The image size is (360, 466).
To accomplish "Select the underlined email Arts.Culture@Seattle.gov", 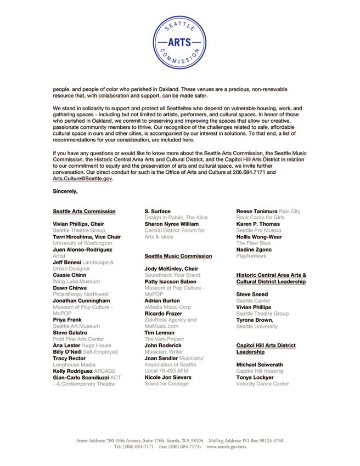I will [82, 179].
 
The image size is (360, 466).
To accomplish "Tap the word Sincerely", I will [65, 191].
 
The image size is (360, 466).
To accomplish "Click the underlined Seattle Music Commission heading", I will [178, 256].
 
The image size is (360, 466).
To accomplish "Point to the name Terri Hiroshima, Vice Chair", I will [87, 237].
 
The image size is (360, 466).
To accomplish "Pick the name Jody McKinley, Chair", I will [171, 269].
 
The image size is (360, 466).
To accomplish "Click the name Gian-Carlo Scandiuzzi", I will [81, 378].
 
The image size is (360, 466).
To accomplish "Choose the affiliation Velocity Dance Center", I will [262, 384].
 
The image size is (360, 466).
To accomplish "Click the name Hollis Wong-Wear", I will [259, 237].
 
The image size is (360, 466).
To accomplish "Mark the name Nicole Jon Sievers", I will [168, 378].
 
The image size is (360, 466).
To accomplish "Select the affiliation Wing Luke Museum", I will [76, 282].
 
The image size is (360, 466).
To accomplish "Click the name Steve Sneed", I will [252, 294].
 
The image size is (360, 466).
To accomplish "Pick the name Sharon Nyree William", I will [172, 224].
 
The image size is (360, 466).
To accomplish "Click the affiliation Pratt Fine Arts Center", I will [78, 339].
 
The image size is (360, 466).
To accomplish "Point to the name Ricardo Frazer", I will [164, 314].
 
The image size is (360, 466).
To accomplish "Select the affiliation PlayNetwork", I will [251, 256].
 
